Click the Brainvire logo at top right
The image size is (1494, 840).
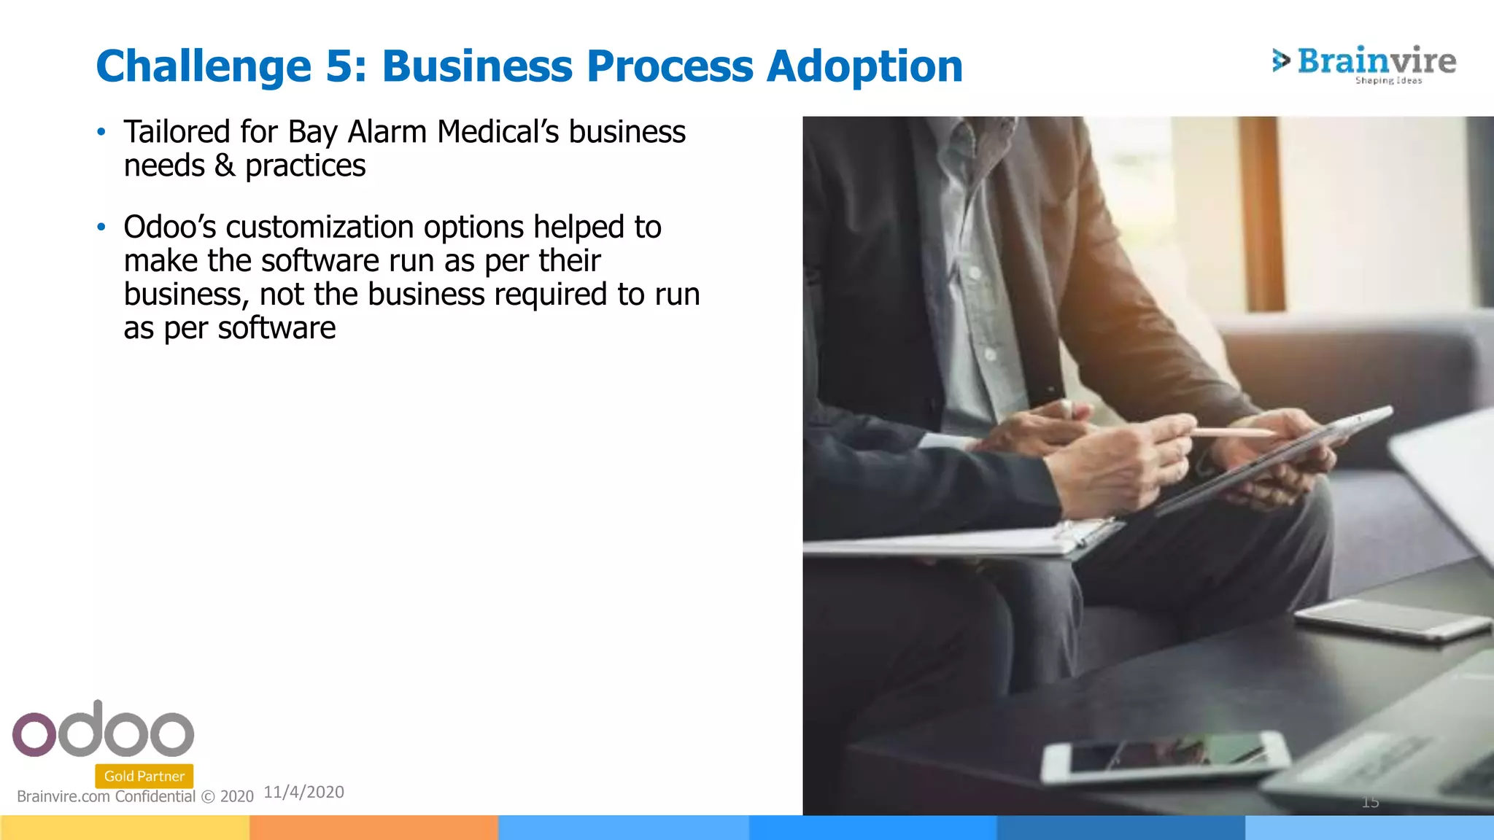[x=1363, y=63]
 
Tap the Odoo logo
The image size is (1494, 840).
[x=103, y=730]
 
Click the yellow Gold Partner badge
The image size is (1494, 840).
[x=144, y=776]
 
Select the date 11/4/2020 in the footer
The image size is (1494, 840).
[x=303, y=792]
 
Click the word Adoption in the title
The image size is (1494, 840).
[x=864, y=66]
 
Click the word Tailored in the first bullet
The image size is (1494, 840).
[x=177, y=133]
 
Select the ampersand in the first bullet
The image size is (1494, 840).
[x=225, y=166]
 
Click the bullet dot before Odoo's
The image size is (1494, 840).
[x=101, y=227]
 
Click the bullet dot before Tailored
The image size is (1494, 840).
[x=101, y=133]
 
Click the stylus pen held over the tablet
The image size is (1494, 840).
[x=1233, y=432]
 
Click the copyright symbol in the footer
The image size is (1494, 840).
[x=208, y=797]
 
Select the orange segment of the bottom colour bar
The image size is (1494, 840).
[x=373, y=828]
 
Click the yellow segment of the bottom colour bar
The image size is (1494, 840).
[x=124, y=828]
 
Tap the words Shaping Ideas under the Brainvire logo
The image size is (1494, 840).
[x=1388, y=81]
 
